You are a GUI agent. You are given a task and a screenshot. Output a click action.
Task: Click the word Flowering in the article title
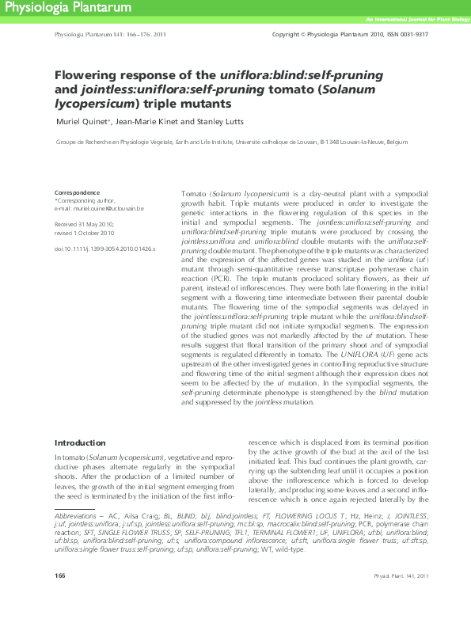[89, 75]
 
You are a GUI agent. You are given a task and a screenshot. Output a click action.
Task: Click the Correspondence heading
[77, 192]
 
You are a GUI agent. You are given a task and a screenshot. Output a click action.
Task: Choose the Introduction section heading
[79, 442]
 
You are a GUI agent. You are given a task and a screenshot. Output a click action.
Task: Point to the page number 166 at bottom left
[59, 597]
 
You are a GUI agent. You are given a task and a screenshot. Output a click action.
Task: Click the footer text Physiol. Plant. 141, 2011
[401, 597]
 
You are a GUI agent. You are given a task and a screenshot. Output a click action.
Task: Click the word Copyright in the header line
[287, 35]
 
